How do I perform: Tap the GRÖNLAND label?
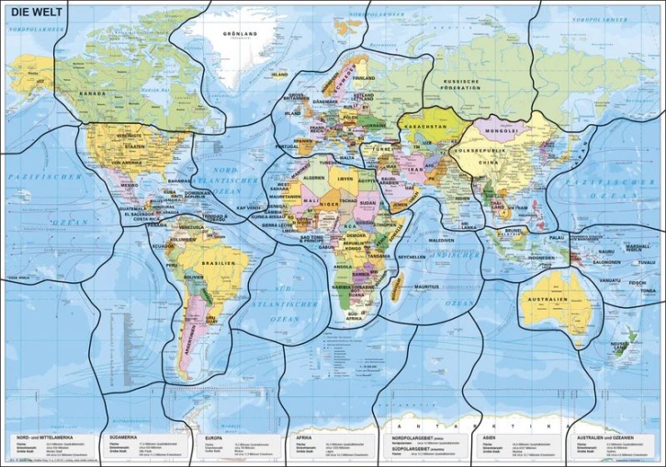pos(238,34)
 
